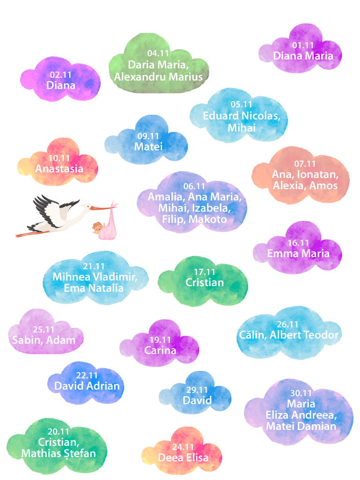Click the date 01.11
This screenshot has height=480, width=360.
pos(303,45)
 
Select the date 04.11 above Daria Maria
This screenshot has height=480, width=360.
pos(158,53)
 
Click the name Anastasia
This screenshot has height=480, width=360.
pos(59,169)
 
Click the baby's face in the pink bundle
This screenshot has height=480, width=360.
pos(97,228)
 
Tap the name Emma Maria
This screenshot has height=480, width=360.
pos(298,253)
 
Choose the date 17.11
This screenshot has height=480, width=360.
pos(205,272)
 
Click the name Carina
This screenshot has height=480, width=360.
pos(160,350)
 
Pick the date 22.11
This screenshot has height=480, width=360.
pos(87,375)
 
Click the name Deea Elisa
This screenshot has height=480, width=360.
pos(183,458)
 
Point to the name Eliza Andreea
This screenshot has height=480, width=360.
pos(301,415)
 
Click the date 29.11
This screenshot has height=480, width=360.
pos(197,390)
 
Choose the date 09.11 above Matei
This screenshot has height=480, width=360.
pos(148,136)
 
